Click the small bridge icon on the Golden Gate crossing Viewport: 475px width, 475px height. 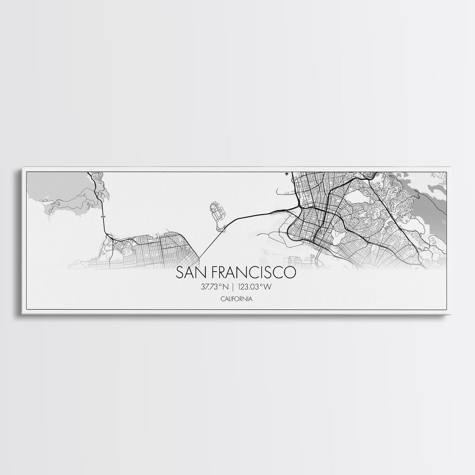tap(103, 216)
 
